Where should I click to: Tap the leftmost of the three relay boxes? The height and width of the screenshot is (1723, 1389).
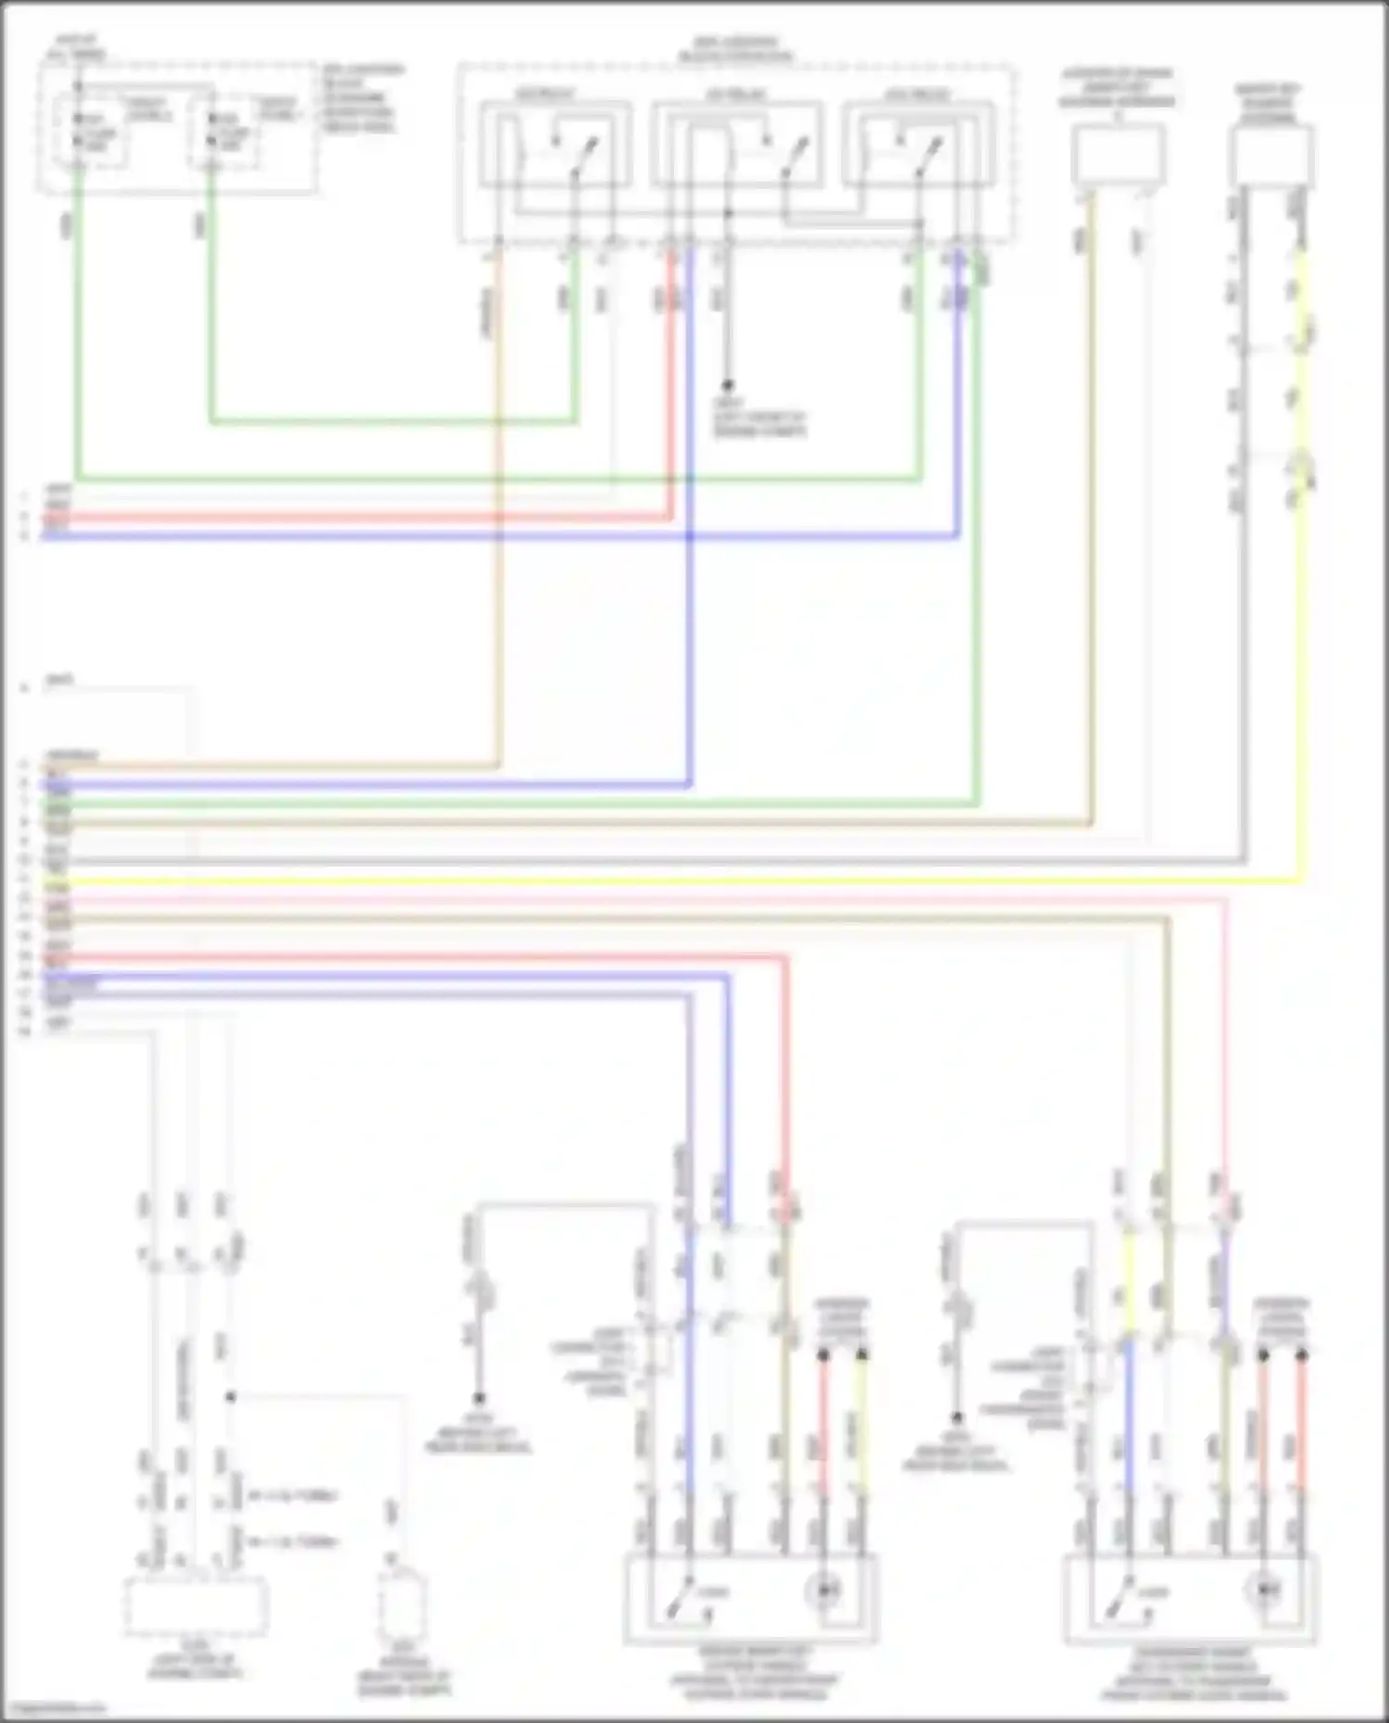pyautogui.click(x=555, y=146)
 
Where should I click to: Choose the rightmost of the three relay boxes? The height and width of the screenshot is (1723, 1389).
pyautogui.click(x=917, y=146)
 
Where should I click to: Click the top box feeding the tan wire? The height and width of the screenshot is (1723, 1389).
pyautogui.click(x=1119, y=155)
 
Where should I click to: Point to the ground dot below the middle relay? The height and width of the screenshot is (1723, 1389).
pyautogui.click(x=728, y=384)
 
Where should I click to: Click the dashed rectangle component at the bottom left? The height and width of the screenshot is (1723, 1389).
pyautogui.click(x=196, y=1606)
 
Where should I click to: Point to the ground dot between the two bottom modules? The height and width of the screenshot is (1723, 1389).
pyautogui.click(x=957, y=1418)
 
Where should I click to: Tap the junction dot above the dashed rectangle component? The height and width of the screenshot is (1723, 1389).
pyautogui.click(x=231, y=1397)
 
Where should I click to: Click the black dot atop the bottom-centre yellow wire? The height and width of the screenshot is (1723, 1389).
pyautogui.click(x=862, y=1355)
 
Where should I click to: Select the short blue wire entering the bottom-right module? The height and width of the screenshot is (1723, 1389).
pyautogui.click(x=1129, y=1417)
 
